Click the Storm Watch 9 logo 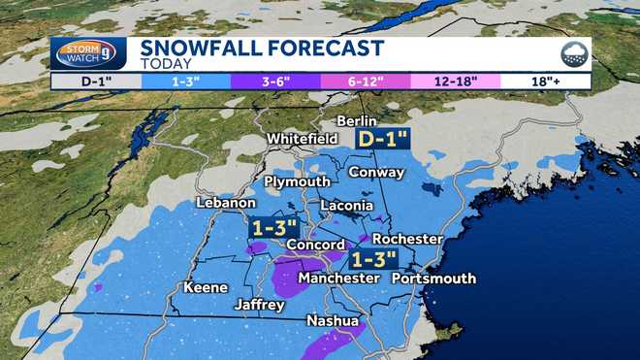(88, 53)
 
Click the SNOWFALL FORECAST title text (262, 49)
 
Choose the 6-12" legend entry (367, 82)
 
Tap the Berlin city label (354, 119)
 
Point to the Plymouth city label (297, 181)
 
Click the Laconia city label (346, 206)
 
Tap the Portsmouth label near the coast (433, 278)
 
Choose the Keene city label (206, 287)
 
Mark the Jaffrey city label (259, 305)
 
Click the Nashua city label (333, 320)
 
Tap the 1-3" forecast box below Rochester (374, 259)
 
